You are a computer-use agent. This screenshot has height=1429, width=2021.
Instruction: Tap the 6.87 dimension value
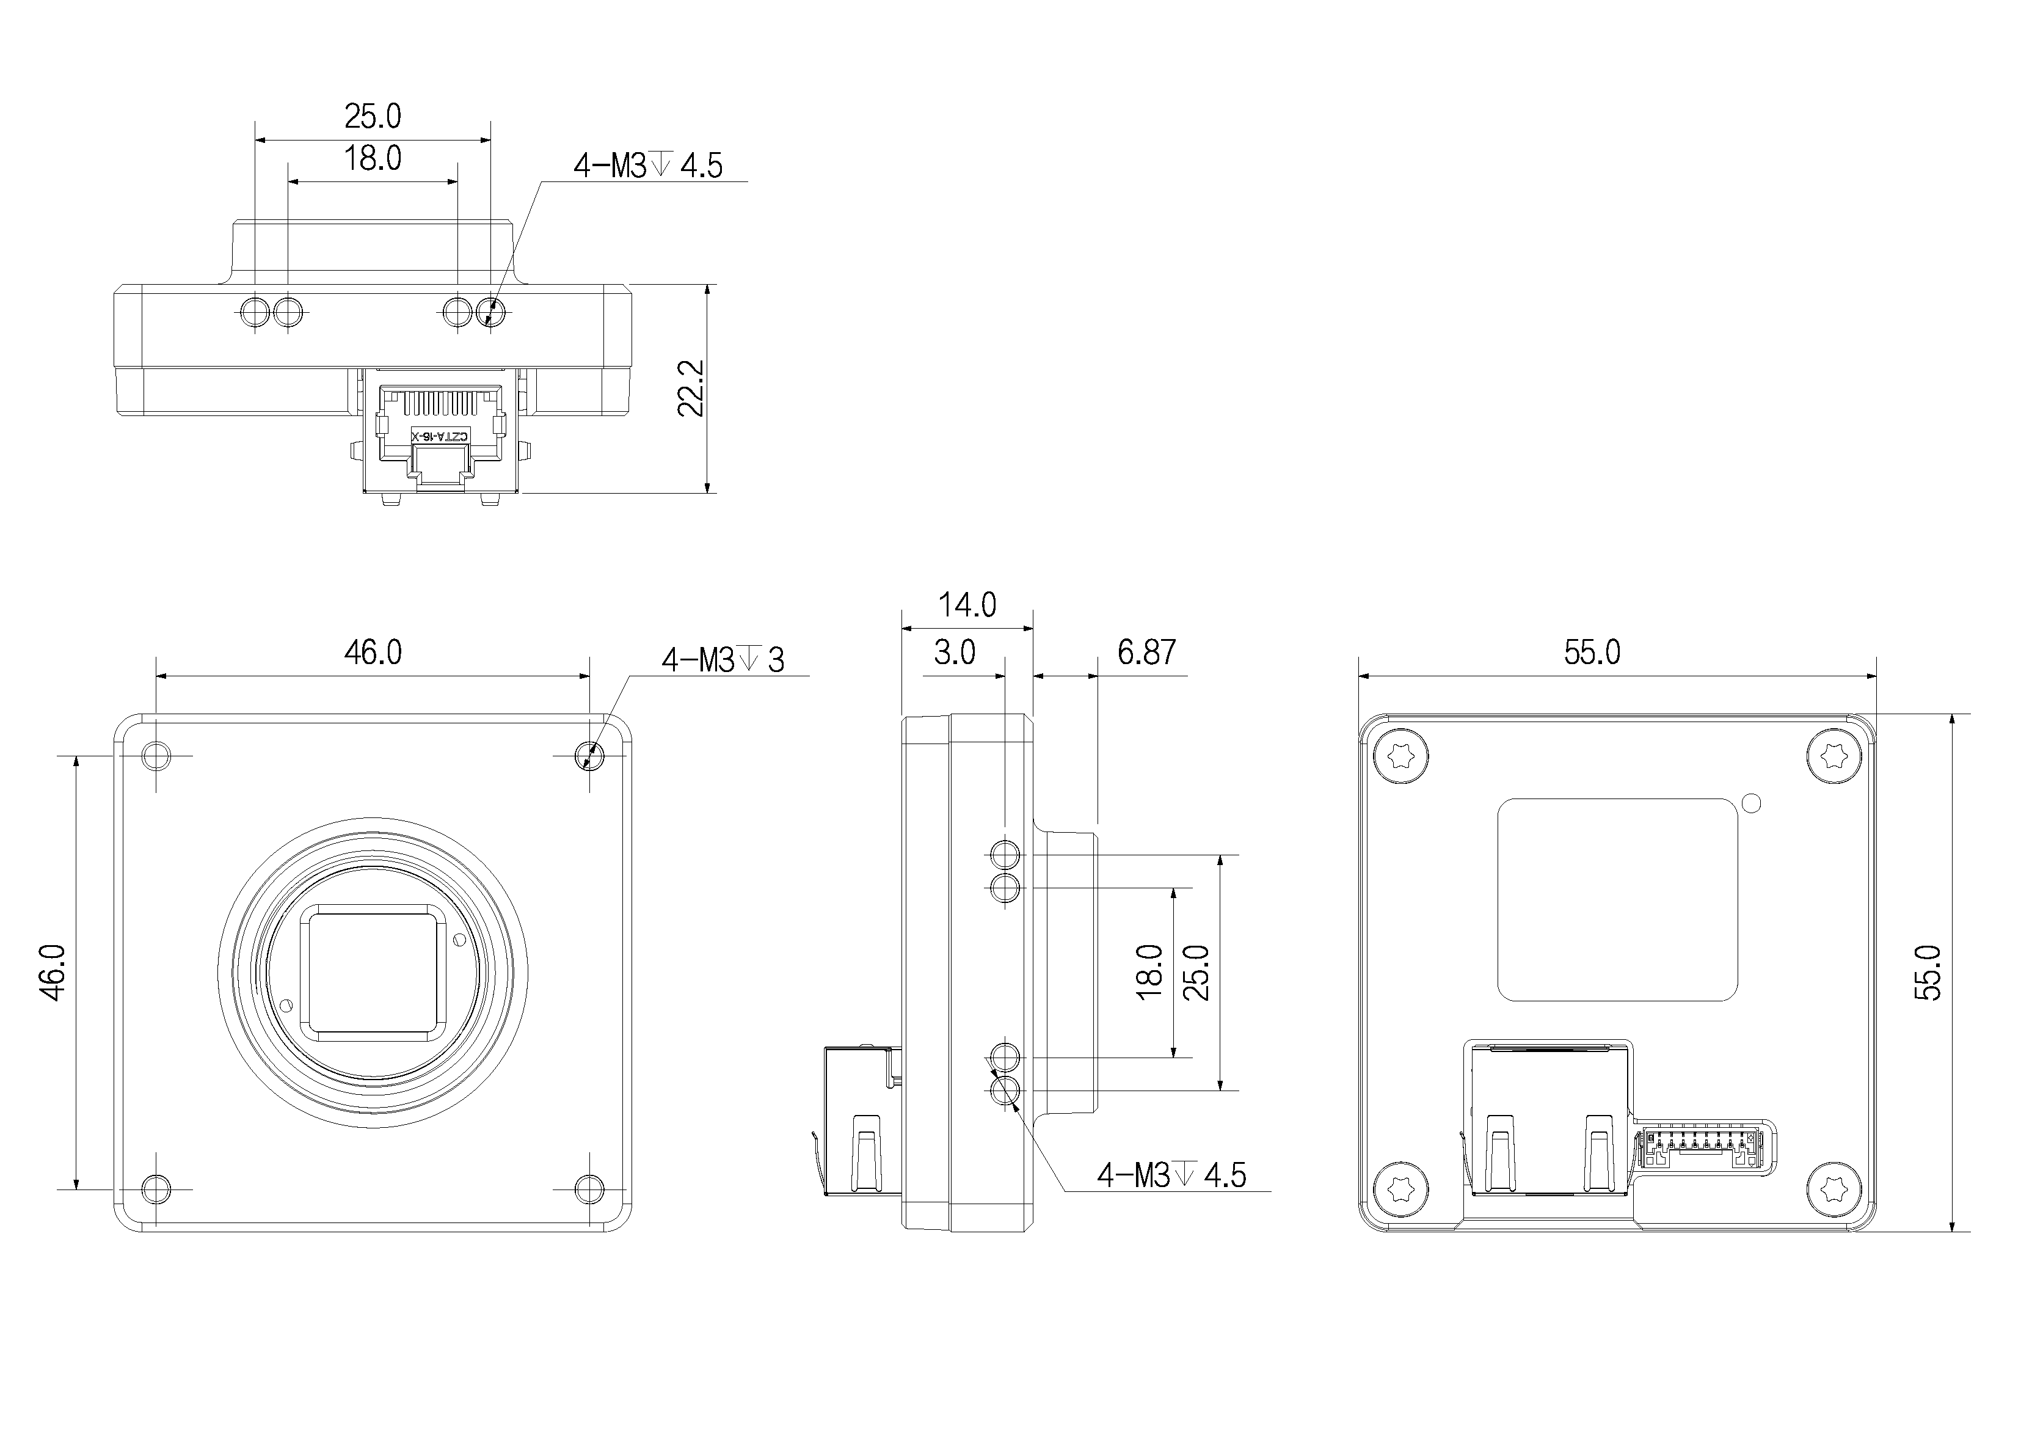coord(1146,652)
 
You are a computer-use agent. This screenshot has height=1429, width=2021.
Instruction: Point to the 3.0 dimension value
coord(954,652)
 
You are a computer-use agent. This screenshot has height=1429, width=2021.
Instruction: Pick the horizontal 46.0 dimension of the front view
coord(373,652)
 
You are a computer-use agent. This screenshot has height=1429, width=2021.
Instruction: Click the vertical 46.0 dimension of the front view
coord(53,972)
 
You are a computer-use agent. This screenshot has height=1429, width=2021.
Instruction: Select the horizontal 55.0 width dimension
coord(1592,652)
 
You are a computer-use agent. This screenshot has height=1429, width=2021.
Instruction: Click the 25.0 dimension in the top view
coord(373,116)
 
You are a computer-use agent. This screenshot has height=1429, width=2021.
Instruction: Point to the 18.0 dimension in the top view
coord(373,158)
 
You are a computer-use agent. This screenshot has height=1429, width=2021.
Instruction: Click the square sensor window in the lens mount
coord(373,972)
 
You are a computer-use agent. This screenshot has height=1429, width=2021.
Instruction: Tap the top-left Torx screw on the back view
coord(1400,756)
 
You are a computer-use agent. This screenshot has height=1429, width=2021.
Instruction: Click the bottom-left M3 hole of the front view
coord(157,1189)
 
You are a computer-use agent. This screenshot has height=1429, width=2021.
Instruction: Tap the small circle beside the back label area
coord(1751,803)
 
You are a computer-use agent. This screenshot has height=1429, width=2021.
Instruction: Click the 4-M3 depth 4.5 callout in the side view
coord(1171,1175)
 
